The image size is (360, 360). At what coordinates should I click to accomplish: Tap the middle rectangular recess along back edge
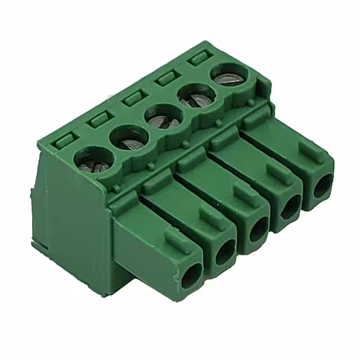pyautogui.click(x=134, y=98)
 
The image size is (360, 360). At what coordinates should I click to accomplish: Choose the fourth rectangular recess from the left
pyautogui.click(x=168, y=77)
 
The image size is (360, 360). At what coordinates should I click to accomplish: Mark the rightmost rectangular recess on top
pyautogui.click(x=199, y=58)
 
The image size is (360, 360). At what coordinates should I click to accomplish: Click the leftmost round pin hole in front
pyautogui.click(x=191, y=276)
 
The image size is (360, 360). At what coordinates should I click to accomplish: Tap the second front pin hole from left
pyautogui.click(x=226, y=251)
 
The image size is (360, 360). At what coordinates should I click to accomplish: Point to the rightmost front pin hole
pyautogui.click(x=322, y=186)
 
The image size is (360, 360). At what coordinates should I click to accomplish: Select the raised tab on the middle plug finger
pyautogui.click(x=246, y=195)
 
